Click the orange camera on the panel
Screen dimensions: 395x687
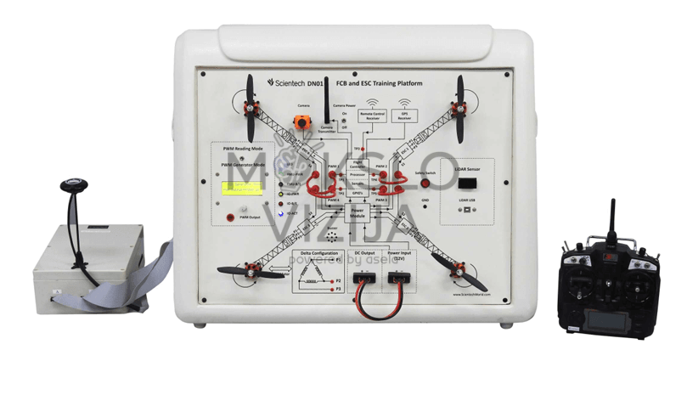point(301,122)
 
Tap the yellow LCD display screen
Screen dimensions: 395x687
point(239,190)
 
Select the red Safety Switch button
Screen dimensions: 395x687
point(425,183)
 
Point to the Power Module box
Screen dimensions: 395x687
point(357,212)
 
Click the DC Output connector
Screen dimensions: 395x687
point(363,279)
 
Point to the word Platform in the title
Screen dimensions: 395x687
point(407,83)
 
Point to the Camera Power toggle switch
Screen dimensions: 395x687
point(345,121)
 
